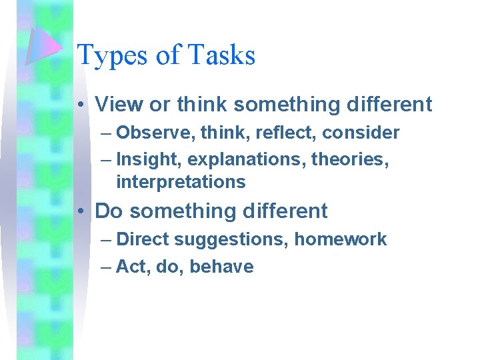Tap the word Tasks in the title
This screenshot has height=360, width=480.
pyautogui.click(x=222, y=55)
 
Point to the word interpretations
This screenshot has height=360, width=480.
pyautogui.click(x=181, y=181)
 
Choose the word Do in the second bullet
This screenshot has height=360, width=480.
pyautogui.click(x=109, y=211)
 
